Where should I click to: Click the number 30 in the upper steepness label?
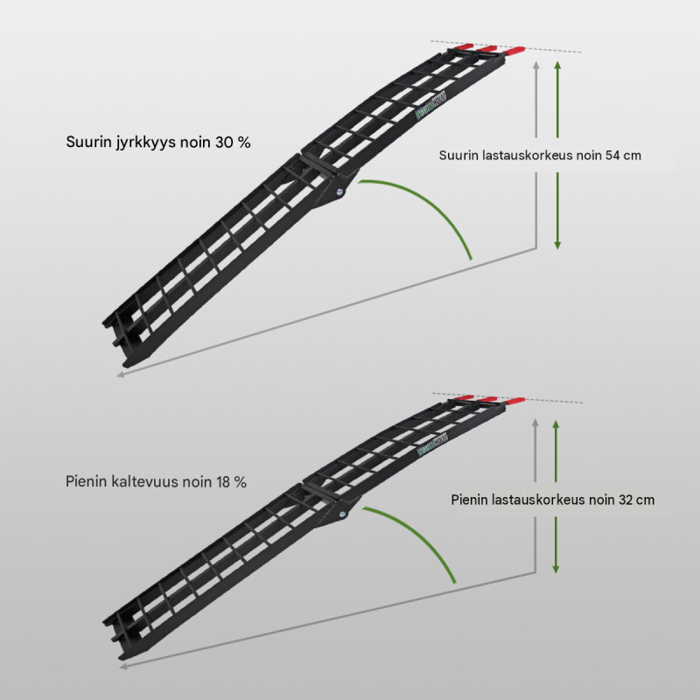224,142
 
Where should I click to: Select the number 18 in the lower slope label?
224,482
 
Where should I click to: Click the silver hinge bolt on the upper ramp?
339,192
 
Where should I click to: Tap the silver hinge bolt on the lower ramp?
342,514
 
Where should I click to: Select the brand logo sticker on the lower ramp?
432,445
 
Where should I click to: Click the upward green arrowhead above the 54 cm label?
557,65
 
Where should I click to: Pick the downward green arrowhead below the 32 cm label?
556,570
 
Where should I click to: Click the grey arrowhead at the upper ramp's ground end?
120,375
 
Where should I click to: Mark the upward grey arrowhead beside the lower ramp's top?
535,423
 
